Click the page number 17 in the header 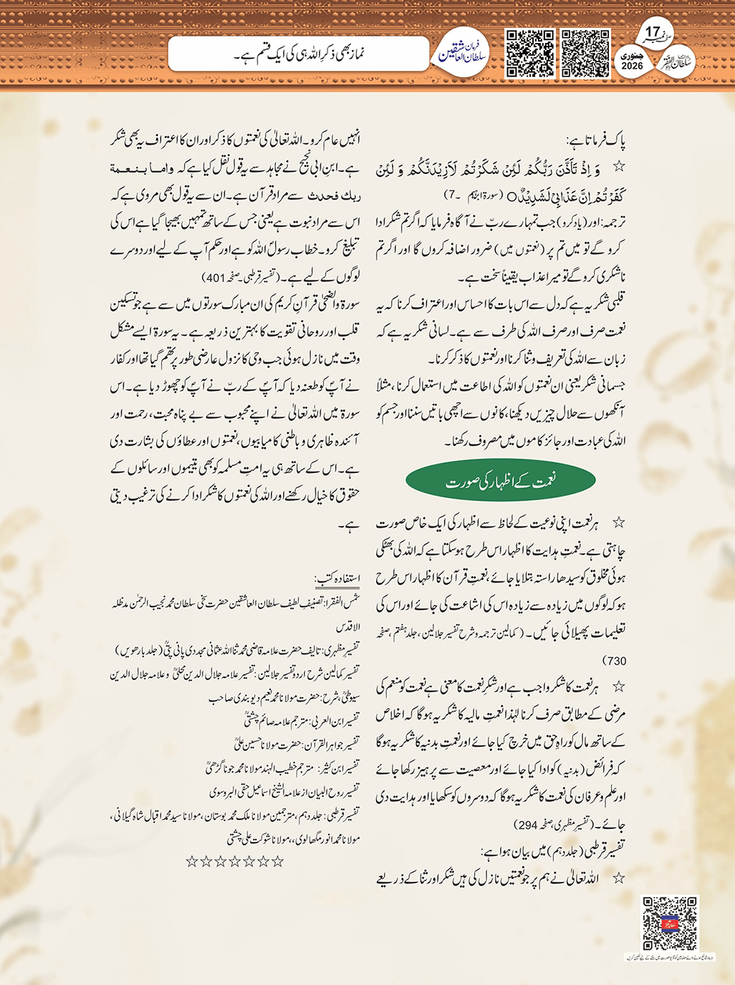point(652,32)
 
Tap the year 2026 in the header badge point(633,66)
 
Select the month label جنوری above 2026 point(633,55)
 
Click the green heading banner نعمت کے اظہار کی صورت point(501,481)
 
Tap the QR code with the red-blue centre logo point(669,923)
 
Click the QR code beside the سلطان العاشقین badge point(530,53)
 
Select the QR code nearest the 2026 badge point(585,53)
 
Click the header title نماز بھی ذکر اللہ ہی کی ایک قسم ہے point(300,54)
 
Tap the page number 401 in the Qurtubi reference point(216,277)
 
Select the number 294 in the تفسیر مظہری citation point(527,824)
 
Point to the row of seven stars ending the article point(235,861)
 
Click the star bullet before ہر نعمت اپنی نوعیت point(618,523)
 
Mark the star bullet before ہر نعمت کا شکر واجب point(618,686)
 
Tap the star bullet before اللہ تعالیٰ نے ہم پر point(618,878)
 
